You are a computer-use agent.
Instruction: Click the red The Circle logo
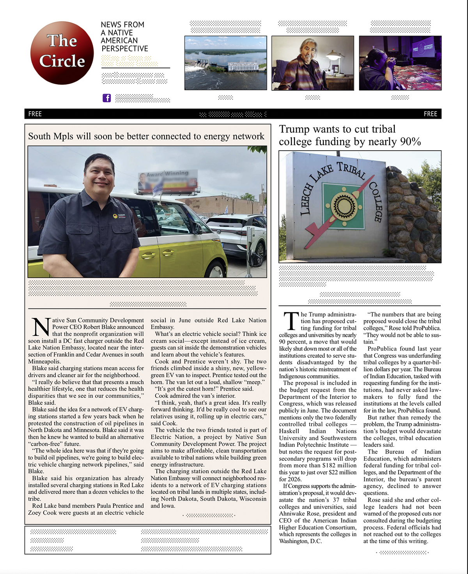62,53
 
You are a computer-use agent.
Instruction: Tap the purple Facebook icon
106,98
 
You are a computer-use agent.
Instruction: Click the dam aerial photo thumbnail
225,63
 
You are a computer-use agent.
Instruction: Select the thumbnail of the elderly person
312,63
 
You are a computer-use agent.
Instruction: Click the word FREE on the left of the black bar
35,114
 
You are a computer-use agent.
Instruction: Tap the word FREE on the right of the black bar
430,114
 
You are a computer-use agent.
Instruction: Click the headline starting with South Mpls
146,136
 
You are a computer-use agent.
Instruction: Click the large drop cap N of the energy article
41,328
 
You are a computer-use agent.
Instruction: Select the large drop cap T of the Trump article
291,321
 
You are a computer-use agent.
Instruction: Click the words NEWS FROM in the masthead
122,25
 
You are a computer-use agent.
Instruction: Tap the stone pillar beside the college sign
413,215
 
